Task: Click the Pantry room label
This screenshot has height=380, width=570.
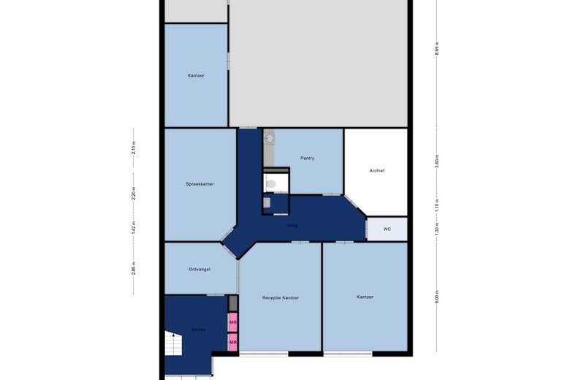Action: click(307, 158)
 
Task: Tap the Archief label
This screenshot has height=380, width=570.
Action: click(376, 170)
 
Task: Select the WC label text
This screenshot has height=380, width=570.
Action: click(387, 229)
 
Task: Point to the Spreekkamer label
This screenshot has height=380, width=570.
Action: click(199, 184)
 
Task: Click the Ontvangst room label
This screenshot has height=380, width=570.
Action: click(199, 269)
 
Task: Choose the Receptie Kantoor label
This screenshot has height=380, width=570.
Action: click(281, 297)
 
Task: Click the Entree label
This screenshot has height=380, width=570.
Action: click(198, 330)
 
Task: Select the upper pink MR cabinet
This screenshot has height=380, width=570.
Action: click(233, 322)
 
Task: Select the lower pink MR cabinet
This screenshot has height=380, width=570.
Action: click(233, 342)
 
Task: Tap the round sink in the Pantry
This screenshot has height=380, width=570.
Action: click(269, 137)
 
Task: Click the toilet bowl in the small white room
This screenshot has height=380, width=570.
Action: click(270, 183)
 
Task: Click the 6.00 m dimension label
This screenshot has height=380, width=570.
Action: click(436, 297)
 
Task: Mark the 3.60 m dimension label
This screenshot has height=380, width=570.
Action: click(436, 161)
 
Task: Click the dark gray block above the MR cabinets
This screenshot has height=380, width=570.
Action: click(233, 303)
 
